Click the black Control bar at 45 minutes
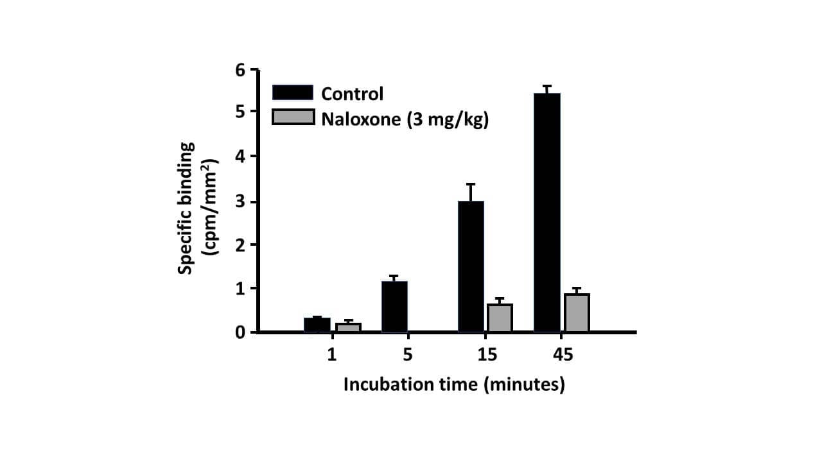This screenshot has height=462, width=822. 547,212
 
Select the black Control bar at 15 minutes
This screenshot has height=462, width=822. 471,266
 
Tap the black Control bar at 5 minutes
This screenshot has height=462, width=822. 394,307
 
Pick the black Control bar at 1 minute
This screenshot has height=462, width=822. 317,325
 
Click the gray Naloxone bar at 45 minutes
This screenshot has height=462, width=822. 577,312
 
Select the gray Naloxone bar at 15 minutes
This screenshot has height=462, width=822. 500,318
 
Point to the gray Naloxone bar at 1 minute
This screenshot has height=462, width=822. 347,327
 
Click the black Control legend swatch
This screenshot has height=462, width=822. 293,92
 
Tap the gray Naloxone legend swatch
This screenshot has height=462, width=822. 293,117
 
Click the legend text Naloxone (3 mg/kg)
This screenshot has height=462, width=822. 405,119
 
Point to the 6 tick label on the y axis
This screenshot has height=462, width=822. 241,69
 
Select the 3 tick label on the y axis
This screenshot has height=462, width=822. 241,201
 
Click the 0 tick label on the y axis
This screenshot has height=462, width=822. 241,332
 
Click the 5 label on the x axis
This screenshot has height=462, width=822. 408,354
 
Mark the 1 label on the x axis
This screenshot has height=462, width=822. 331,354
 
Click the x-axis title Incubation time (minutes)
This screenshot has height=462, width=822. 454,384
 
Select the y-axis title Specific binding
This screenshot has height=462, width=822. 187,209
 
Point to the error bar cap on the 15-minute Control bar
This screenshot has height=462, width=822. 471,184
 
